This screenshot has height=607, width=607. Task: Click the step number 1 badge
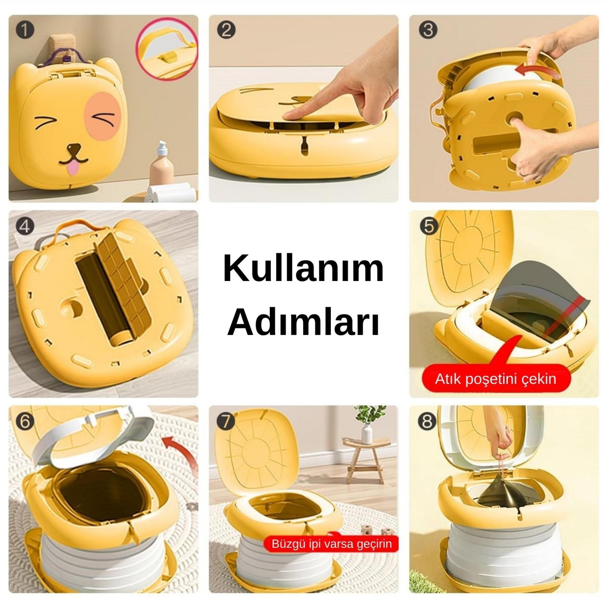click(24, 31)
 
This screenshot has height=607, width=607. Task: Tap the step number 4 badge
click(25, 227)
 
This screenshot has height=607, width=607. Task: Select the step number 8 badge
click(427, 422)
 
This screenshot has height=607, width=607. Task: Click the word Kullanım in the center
click(303, 270)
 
